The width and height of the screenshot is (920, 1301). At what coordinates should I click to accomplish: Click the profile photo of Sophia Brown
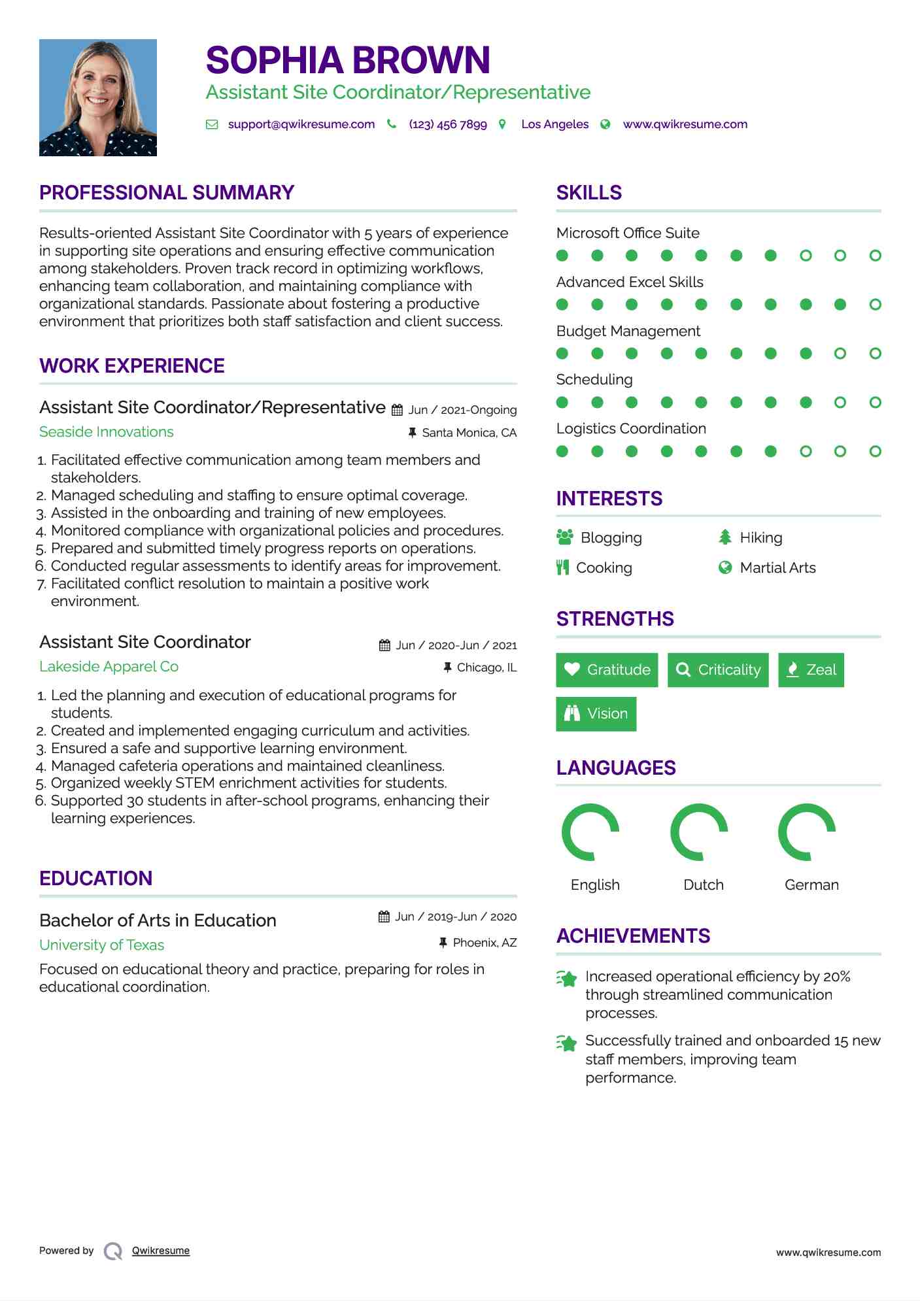98,97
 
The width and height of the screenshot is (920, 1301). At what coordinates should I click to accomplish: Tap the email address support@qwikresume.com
301,124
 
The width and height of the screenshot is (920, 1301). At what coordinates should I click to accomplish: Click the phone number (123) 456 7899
447,124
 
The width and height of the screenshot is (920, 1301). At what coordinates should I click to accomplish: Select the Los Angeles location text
554,124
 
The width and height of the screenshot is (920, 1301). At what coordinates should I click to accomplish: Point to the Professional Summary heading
167,193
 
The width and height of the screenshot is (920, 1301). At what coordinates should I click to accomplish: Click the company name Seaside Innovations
107,432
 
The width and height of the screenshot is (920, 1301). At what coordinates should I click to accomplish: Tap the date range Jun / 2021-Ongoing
462,410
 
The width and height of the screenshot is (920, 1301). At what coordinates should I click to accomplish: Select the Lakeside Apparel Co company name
109,667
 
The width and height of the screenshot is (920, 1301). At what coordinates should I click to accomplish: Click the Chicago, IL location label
486,667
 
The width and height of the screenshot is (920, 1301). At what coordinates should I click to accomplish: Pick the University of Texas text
101,945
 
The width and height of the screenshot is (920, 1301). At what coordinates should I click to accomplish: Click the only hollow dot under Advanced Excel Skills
875,305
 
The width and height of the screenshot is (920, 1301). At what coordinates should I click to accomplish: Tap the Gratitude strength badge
607,670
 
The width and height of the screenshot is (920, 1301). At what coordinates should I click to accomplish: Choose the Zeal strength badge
811,670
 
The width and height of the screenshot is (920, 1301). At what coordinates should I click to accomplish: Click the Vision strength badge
596,714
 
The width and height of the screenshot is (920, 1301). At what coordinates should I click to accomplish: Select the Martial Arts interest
777,568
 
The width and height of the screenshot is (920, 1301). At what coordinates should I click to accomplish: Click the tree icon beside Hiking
724,537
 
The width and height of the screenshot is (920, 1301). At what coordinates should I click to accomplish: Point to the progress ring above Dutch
699,832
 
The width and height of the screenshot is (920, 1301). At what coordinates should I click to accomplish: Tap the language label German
811,885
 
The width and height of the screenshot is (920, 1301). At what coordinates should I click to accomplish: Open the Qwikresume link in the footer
161,1251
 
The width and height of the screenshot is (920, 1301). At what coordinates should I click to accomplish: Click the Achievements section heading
633,936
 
